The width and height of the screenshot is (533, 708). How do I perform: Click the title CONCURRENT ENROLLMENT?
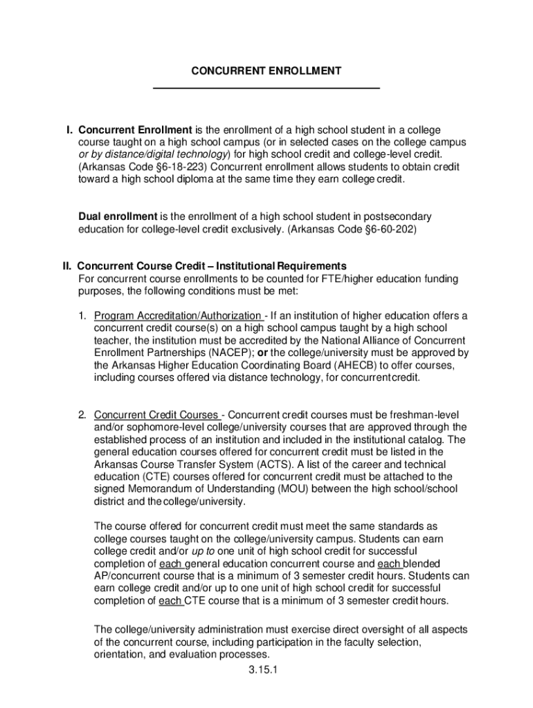(x=266, y=71)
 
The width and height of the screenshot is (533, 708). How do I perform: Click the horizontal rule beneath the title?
(x=266, y=88)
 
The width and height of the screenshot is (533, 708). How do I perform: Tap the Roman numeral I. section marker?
(x=69, y=130)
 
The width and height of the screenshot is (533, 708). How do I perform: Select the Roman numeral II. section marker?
(x=68, y=266)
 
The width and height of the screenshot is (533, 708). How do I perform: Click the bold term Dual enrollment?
(x=118, y=216)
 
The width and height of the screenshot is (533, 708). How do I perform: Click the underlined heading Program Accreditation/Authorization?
(x=178, y=316)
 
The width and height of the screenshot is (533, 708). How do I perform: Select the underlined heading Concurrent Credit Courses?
(x=156, y=415)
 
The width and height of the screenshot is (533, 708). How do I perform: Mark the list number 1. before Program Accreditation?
(x=82, y=316)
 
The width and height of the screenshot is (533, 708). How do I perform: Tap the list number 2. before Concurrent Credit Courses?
(x=82, y=415)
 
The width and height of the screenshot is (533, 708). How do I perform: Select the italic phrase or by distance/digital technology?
(x=152, y=155)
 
